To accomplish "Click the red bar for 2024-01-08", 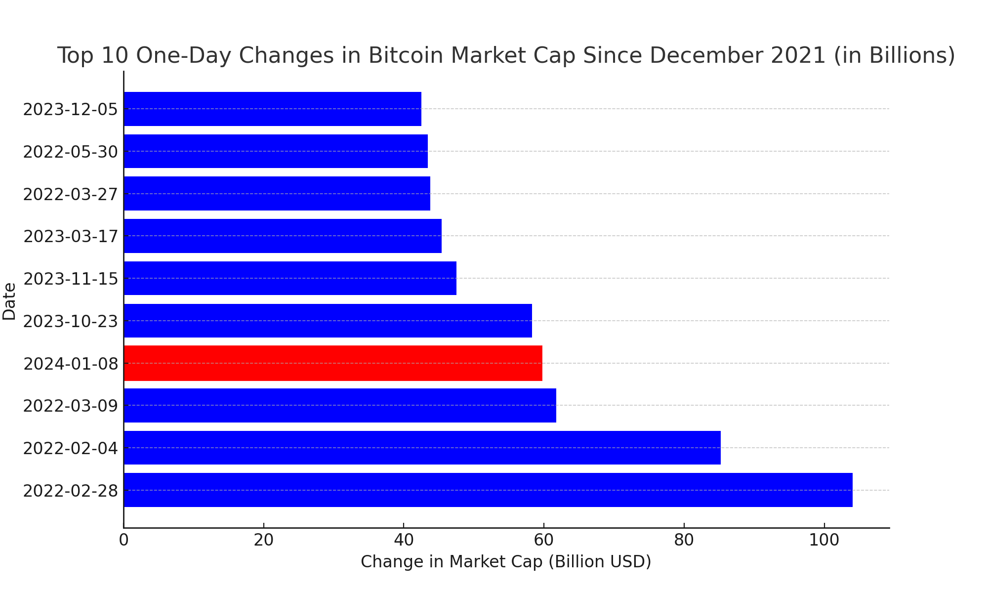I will click(333, 363).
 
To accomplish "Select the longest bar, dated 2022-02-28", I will click(488, 490).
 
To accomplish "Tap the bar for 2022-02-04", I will click(422, 448).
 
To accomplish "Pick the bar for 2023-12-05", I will click(272, 109).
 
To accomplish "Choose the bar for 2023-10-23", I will click(328, 321).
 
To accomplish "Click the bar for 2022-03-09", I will click(340, 405).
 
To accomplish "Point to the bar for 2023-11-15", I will click(290, 278).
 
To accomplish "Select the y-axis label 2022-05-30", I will click(71, 152).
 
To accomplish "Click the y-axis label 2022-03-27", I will click(71, 194).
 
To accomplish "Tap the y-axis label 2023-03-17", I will click(71, 237).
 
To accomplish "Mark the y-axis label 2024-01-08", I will click(71, 364).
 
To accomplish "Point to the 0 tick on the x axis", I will click(123, 540).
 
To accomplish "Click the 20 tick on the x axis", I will click(263, 540).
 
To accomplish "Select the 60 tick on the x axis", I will click(543, 540).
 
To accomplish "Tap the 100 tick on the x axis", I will click(823, 540).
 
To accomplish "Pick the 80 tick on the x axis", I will click(684, 540).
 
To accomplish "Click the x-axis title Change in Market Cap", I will click(506, 562).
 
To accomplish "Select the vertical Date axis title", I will click(9, 301).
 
